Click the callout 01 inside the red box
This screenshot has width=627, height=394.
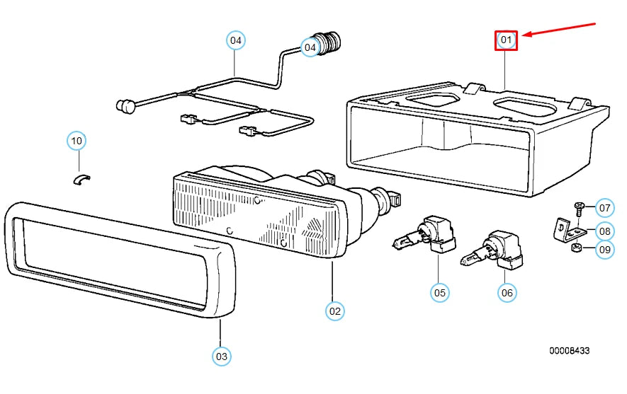(x=506, y=40)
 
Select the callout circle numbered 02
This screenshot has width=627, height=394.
(x=334, y=311)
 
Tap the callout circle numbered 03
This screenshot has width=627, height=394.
(x=222, y=356)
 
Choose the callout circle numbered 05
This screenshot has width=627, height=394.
(x=439, y=293)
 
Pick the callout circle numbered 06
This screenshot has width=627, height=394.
(x=507, y=293)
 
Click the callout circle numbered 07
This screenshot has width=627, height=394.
(x=604, y=207)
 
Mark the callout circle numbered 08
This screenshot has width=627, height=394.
(x=604, y=231)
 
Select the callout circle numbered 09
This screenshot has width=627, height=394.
(x=604, y=250)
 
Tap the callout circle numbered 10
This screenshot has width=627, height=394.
(x=77, y=141)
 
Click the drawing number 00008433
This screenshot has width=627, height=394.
(x=569, y=350)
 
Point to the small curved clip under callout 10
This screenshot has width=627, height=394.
(x=81, y=180)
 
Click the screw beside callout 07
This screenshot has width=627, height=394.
(x=579, y=209)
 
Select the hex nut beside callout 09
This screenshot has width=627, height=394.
(x=576, y=248)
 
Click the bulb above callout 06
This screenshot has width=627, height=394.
(x=492, y=250)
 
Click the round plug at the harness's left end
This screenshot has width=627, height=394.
(x=125, y=105)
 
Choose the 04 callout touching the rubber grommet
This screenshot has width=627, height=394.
(x=310, y=47)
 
